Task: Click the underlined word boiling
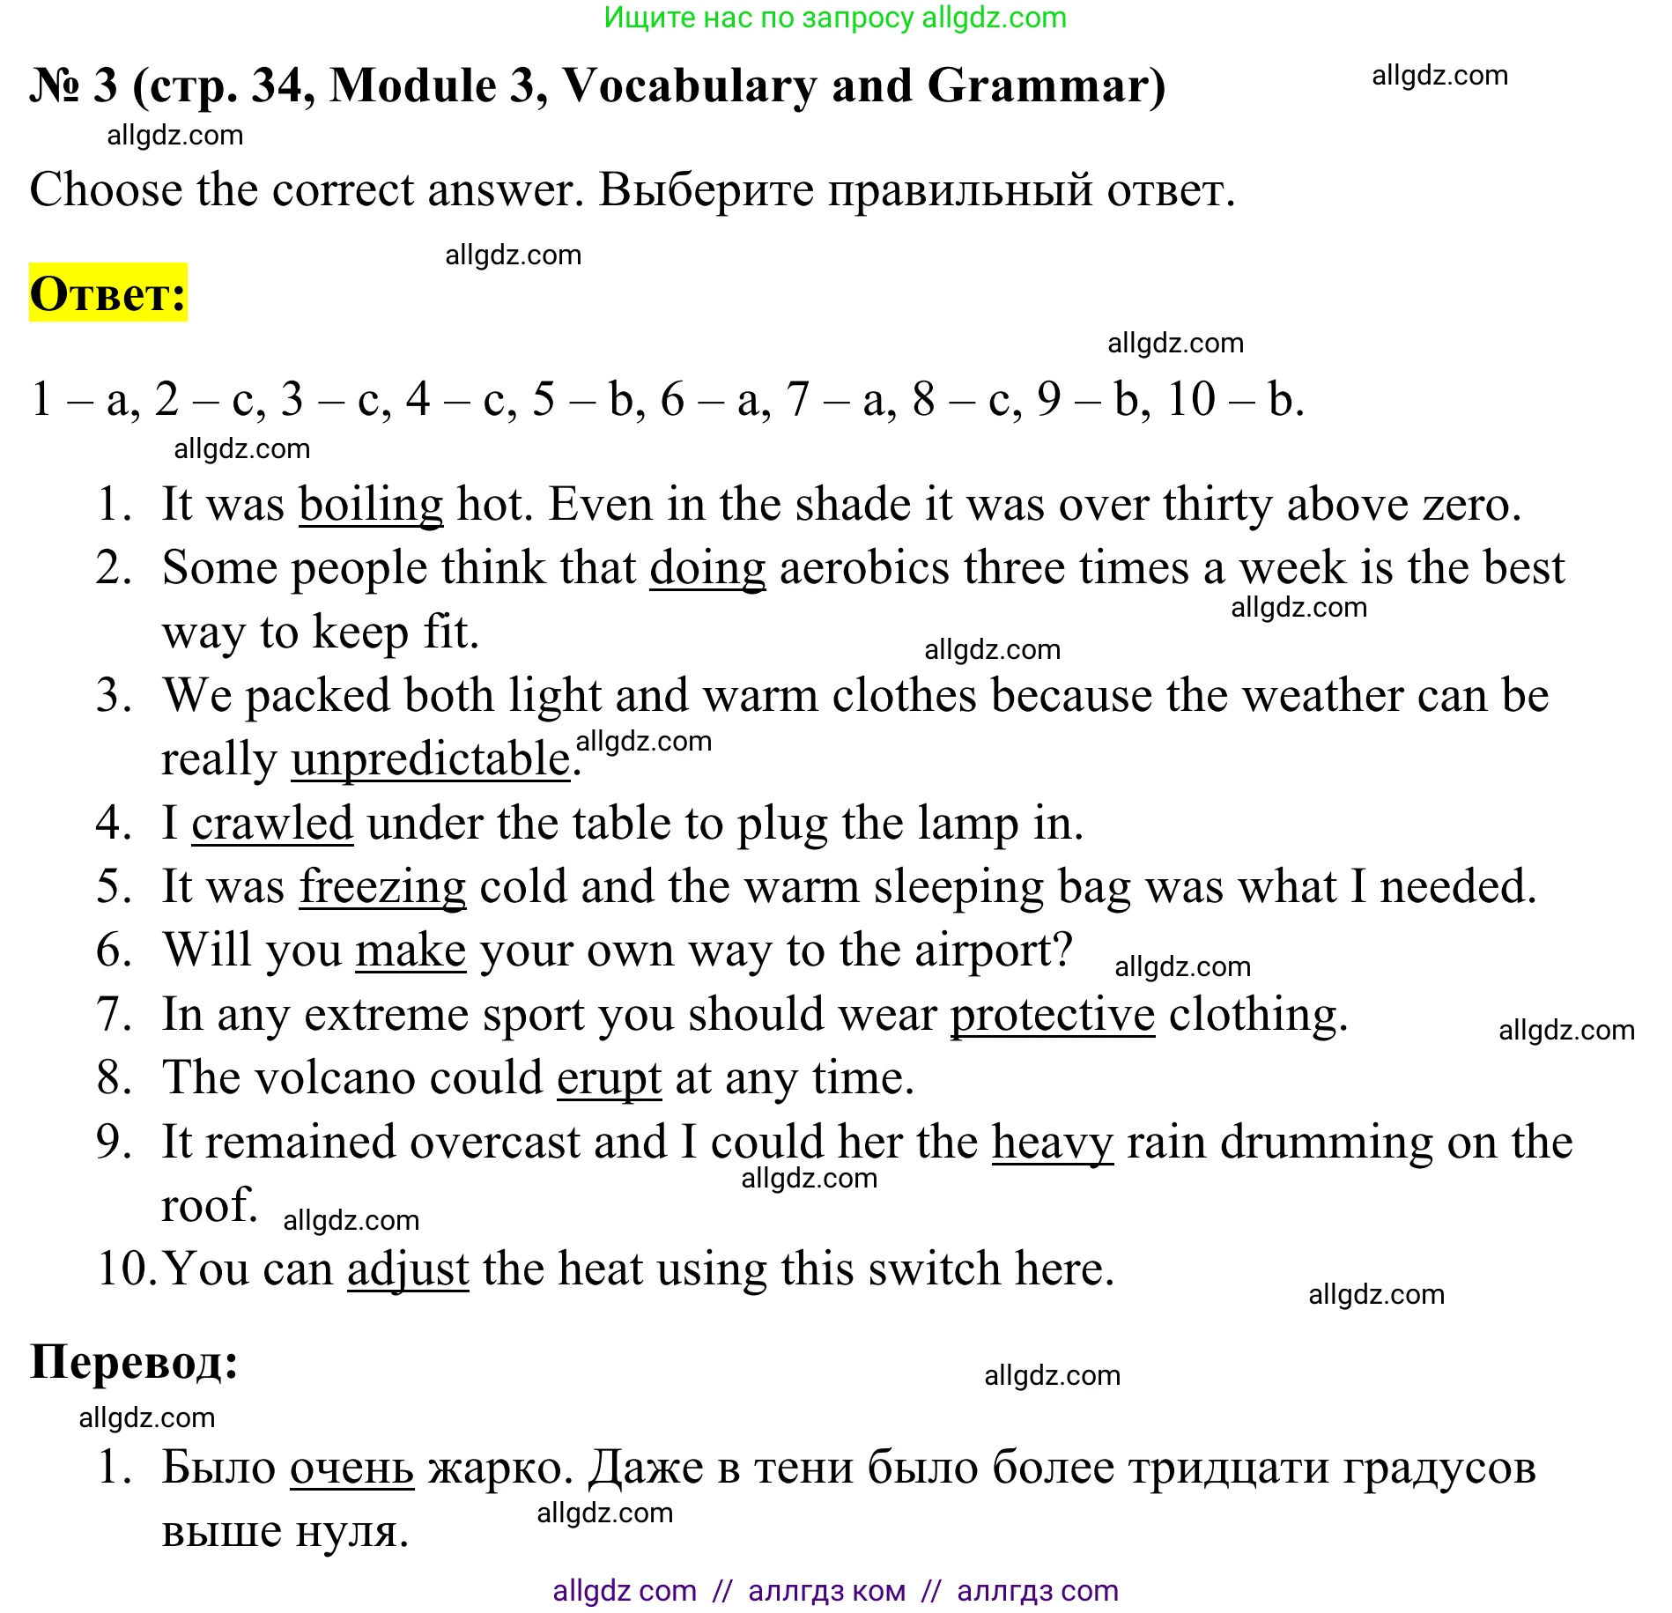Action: coord(371,505)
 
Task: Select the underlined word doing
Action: coord(707,568)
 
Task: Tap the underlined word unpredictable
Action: coord(431,759)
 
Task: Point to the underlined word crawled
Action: coord(272,824)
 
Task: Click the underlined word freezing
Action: coord(382,887)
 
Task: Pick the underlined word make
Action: coord(411,951)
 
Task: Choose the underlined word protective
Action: coord(1052,1015)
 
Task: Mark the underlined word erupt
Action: coord(609,1078)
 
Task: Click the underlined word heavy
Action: coord(1052,1143)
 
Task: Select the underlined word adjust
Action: coord(408,1269)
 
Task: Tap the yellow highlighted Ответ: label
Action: coord(108,293)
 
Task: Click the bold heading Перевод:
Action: coord(134,1362)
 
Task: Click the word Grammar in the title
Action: coord(1046,86)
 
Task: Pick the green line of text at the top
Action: coord(835,18)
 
